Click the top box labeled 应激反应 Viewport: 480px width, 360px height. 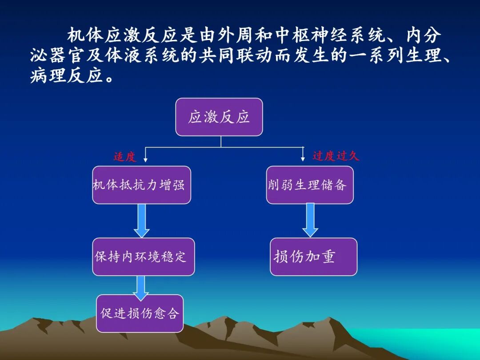[219, 117]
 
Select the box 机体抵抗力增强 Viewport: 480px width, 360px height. [141, 185]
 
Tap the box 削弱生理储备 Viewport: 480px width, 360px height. [310, 185]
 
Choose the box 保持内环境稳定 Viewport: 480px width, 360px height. [143, 256]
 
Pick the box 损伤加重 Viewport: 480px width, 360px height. [313, 256]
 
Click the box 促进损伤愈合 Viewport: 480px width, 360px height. [140, 313]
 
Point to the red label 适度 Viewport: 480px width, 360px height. [124, 156]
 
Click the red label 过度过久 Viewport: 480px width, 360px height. [336, 156]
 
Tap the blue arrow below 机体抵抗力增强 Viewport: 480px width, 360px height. [141, 221]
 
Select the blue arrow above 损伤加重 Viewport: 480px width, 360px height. [310, 220]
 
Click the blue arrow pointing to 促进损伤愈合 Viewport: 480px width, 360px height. [141, 288]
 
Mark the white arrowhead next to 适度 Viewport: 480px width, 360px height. [146, 159]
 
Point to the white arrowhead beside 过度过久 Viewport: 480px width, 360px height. [303, 158]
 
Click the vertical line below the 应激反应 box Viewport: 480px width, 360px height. [221, 141]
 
